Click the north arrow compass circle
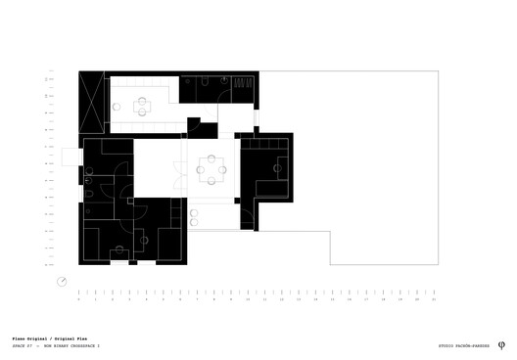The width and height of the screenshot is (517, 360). coord(63,283)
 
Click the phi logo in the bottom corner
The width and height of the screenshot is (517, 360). coord(502,345)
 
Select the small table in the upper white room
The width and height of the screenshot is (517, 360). coord(143,104)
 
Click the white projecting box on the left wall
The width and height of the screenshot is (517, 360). coord(70,157)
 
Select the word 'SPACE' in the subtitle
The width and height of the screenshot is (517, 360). coord(19,345)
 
